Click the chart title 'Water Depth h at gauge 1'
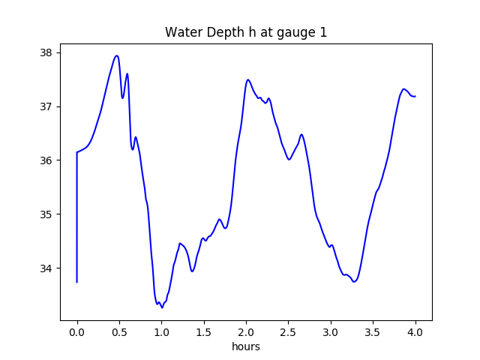(246, 32)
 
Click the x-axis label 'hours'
(246, 347)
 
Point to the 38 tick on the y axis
(46, 52)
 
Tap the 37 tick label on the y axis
(46, 106)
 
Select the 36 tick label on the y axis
(46, 160)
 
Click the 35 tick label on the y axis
(46, 214)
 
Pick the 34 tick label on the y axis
(46, 268)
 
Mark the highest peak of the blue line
(117, 55)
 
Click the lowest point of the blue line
(162, 307)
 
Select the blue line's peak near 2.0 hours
(248, 79)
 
